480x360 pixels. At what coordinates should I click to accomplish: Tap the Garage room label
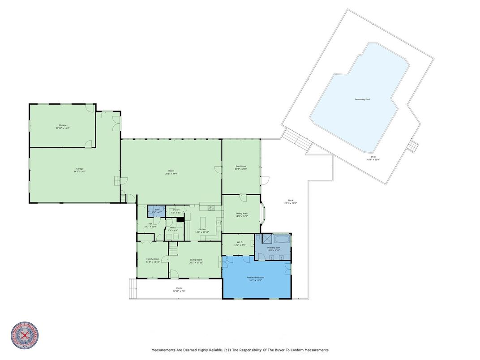tap(80, 169)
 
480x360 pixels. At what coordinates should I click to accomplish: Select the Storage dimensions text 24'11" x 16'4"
tap(63, 128)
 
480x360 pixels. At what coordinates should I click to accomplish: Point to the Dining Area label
tap(242, 213)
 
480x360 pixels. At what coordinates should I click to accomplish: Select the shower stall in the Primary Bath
tap(266, 239)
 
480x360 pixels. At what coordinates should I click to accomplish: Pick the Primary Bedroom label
tap(256, 277)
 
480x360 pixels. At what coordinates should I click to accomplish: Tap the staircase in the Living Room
tap(173, 247)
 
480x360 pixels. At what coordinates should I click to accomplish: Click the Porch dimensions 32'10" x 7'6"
tap(179, 291)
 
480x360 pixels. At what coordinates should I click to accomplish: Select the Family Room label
tap(153, 259)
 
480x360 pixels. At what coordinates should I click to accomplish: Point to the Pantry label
tap(176, 210)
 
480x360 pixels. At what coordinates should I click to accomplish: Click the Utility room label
tap(172, 227)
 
